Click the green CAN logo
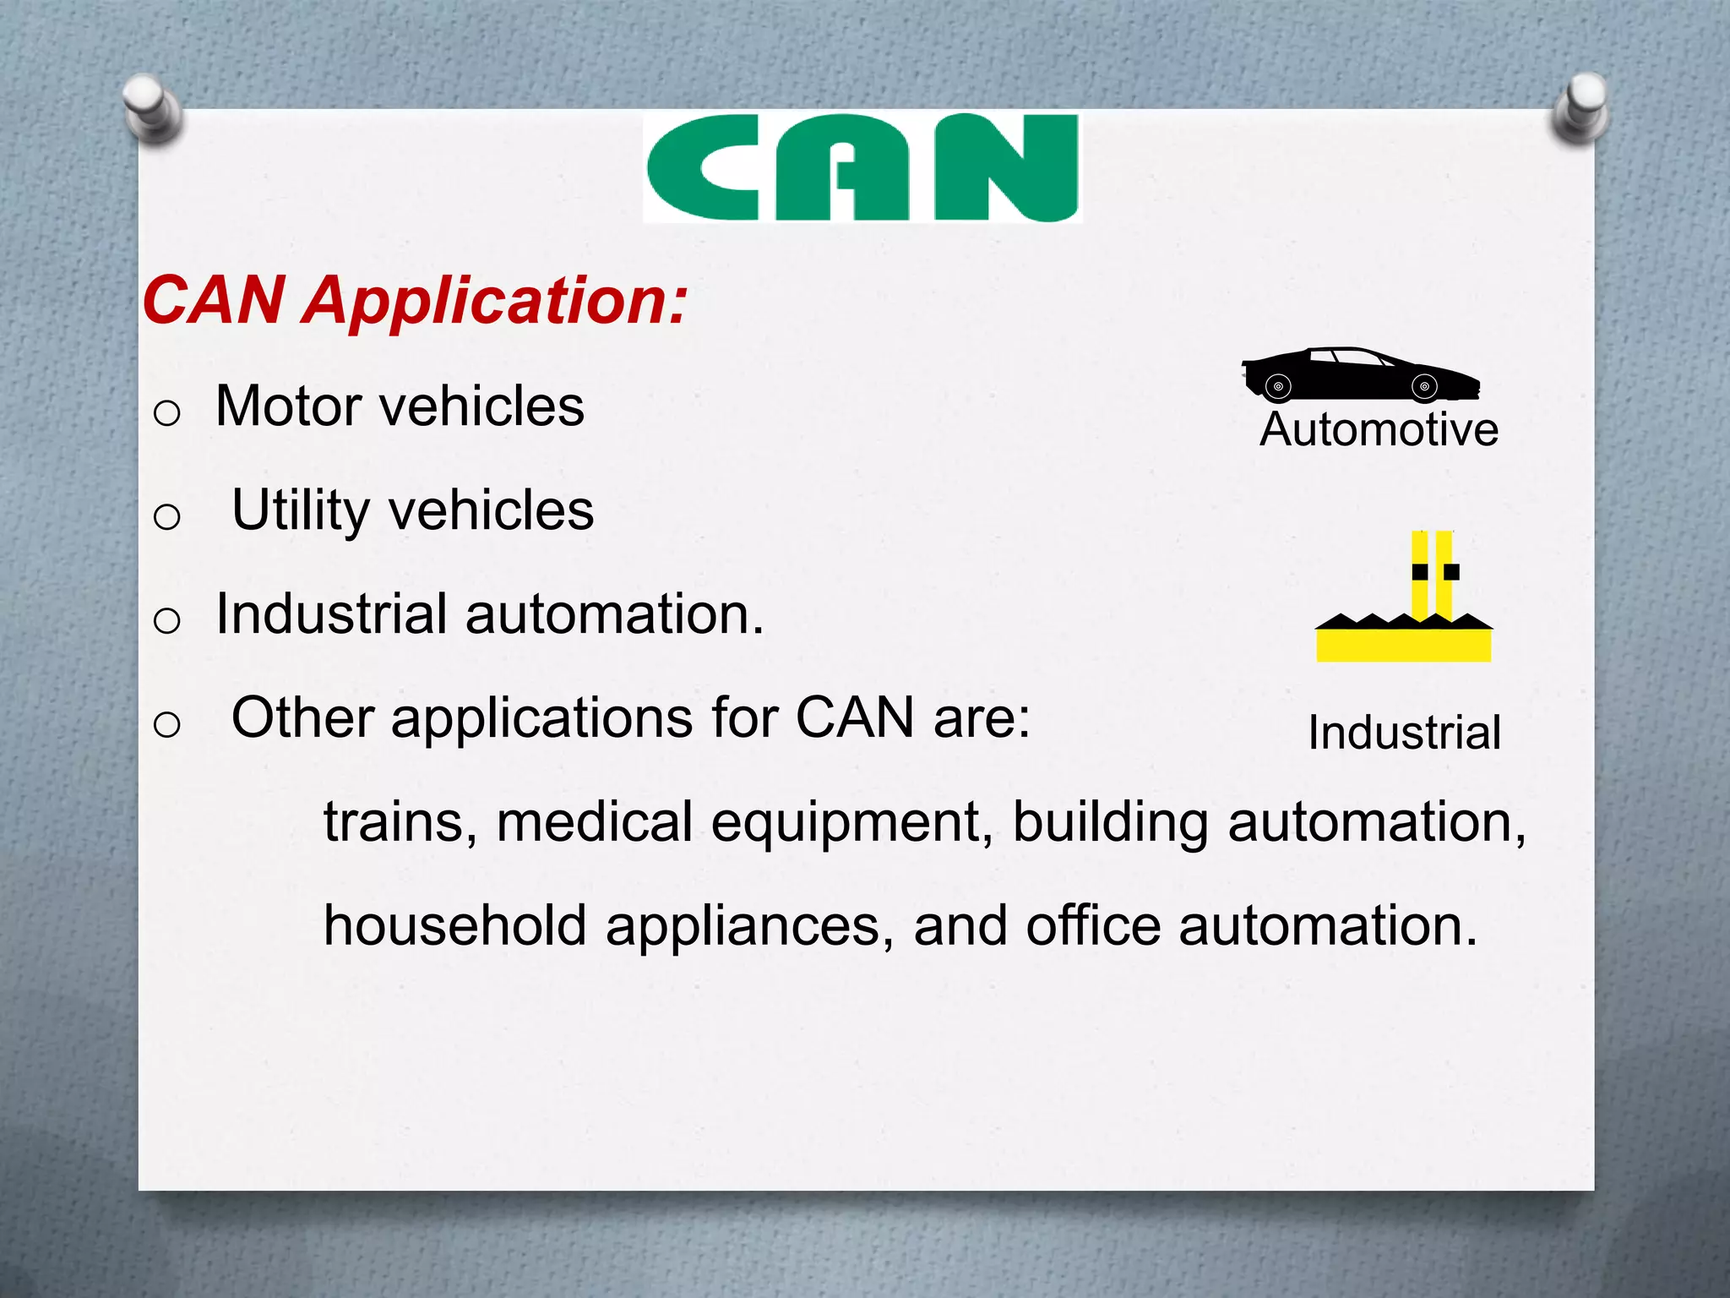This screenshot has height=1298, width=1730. pos(862,168)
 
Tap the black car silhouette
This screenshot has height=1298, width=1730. pos(1359,374)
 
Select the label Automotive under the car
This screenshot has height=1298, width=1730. pos(1379,429)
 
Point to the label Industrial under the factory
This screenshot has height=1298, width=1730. pos(1404,732)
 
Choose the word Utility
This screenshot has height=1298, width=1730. pos(301,510)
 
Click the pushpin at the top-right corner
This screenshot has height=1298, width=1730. pos(1580,105)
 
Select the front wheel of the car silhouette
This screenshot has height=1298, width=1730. pos(1424,387)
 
